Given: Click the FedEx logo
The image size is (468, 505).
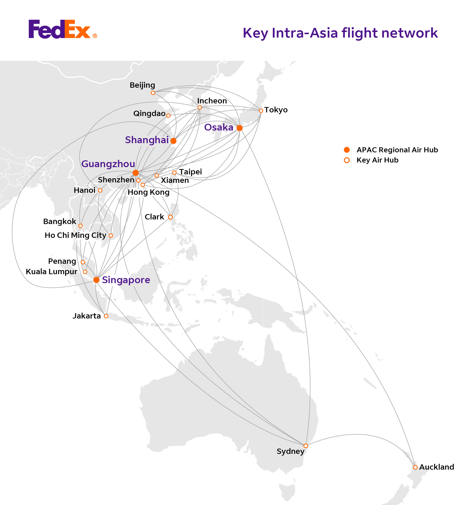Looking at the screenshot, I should pyautogui.click(x=63, y=29).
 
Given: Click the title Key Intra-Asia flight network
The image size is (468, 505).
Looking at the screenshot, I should pyautogui.click(x=340, y=33).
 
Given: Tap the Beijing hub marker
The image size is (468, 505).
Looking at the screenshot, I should pyautogui.click(x=153, y=93).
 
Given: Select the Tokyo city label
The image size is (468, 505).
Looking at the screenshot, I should pyautogui.click(x=276, y=110).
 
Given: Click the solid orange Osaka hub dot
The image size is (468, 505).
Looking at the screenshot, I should pyautogui.click(x=239, y=128).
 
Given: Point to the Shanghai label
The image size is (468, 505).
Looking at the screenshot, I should pyautogui.click(x=147, y=140).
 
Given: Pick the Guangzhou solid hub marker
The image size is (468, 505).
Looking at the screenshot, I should pyautogui.click(x=136, y=173).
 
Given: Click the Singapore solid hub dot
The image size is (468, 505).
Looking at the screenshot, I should pyautogui.click(x=96, y=280).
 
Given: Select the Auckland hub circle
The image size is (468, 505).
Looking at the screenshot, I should pyautogui.click(x=415, y=467).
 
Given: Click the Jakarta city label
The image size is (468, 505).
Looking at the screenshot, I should pyautogui.click(x=87, y=316).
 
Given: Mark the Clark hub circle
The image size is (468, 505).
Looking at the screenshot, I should pyautogui.click(x=170, y=217).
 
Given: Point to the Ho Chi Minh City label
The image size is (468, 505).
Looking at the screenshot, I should pyautogui.click(x=75, y=235).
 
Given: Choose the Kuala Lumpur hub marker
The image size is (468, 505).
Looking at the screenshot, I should pyautogui.click(x=85, y=272).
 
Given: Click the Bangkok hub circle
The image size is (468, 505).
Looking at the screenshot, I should pyautogui.click(x=80, y=226).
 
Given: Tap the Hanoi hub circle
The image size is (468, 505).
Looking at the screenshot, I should pyautogui.click(x=100, y=190).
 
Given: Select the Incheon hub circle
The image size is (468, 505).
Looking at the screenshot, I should pyautogui.click(x=200, y=108).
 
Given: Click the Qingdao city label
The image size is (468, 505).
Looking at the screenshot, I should pyautogui.click(x=149, y=114).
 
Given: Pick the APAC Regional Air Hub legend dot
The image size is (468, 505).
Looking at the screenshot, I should pyautogui.click(x=347, y=150).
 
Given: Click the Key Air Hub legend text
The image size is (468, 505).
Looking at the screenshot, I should pyautogui.click(x=377, y=160).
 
